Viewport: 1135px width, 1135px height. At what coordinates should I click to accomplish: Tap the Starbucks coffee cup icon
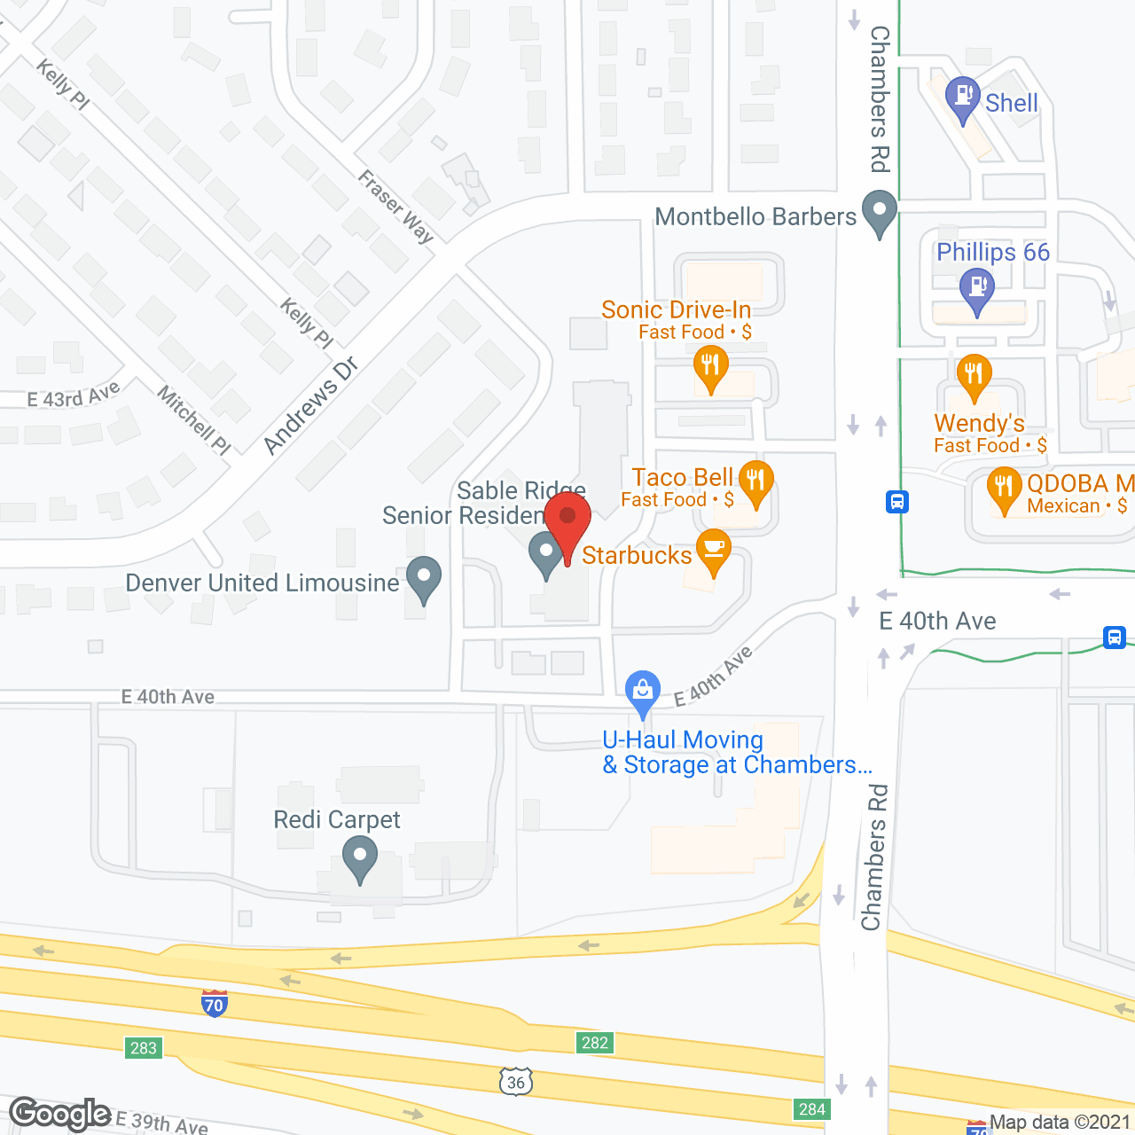tap(713, 552)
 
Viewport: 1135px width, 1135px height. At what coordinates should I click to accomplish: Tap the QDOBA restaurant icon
tap(1004, 489)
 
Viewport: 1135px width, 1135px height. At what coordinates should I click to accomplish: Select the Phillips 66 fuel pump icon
tap(977, 290)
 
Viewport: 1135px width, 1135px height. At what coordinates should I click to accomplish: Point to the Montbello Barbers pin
tap(880, 213)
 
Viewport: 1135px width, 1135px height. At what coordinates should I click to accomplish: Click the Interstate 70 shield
tap(214, 1003)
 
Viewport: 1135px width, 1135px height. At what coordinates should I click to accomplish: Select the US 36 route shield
tap(516, 1082)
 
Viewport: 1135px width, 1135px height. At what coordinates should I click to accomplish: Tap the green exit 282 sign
tap(595, 1043)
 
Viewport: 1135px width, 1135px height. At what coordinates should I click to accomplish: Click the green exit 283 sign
tap(144, 1048)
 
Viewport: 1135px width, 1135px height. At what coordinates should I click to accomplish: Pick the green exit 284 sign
tap(811, 1109)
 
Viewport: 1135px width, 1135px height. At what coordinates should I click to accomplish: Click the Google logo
tap(60, 1114)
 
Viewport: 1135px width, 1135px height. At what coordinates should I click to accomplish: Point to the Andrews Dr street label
tap(310, 405)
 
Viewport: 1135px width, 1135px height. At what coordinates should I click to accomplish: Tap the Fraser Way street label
tap(395, 206)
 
